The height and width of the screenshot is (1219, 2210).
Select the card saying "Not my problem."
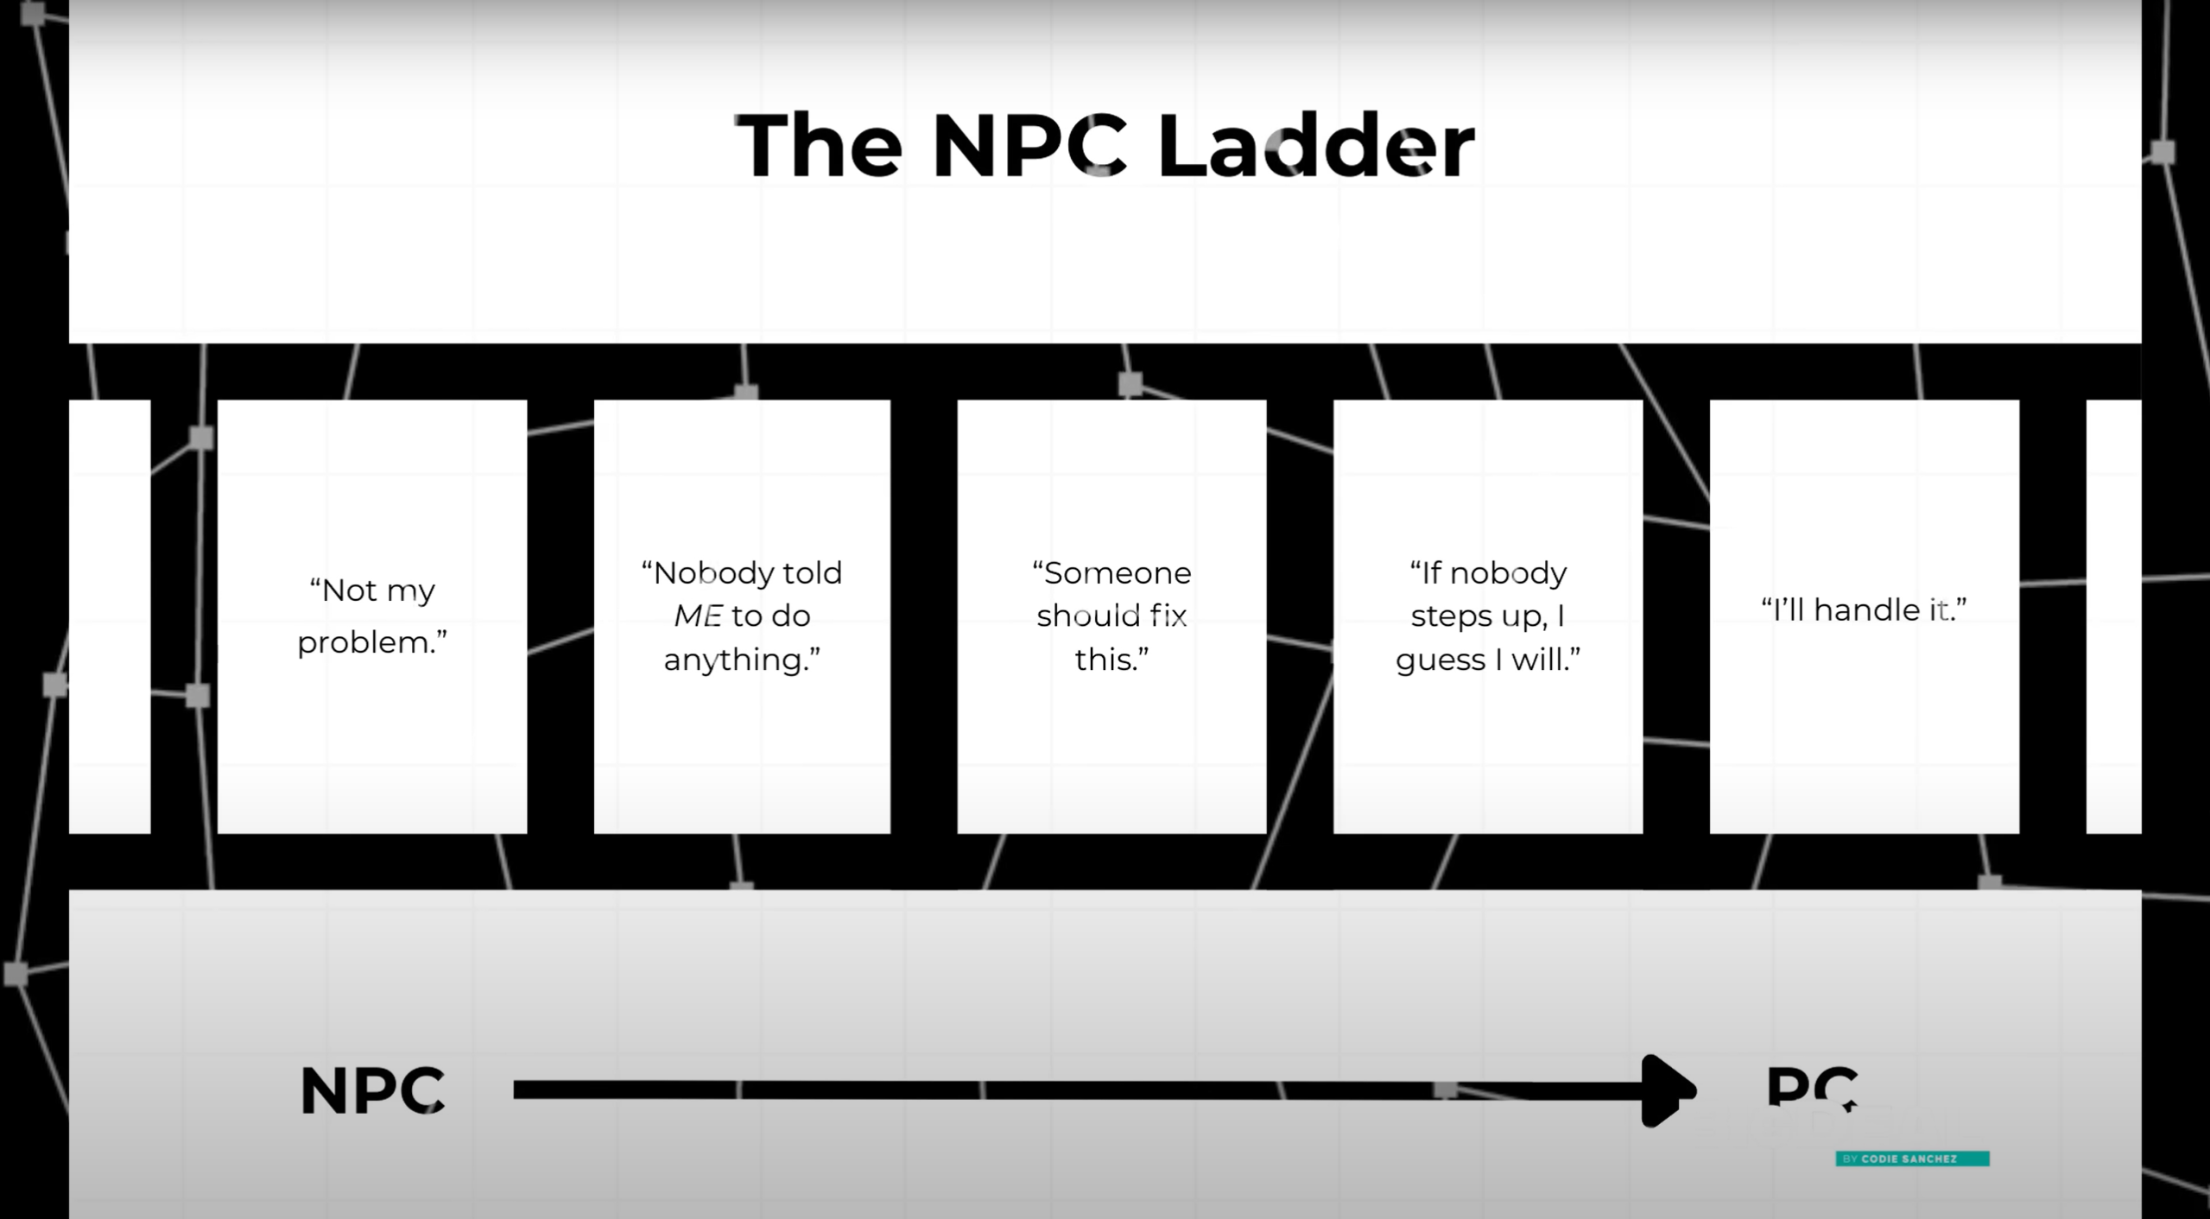pos(372,616)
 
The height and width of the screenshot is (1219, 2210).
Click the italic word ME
pos(698,616)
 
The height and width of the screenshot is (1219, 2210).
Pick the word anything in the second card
pos(737,660)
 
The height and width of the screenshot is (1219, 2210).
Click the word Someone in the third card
pos(1118,572)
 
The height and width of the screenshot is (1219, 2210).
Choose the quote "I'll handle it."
pos(1864,609)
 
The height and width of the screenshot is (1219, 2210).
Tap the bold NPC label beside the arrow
pos(372,1090)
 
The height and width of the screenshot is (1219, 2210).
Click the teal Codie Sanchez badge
pos(1912,1159)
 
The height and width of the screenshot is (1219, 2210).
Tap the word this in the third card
pos(1106,660)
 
